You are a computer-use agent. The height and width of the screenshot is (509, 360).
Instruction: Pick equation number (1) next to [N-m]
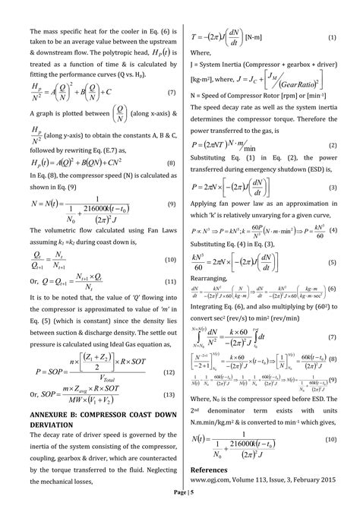click(x=332, y=37)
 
